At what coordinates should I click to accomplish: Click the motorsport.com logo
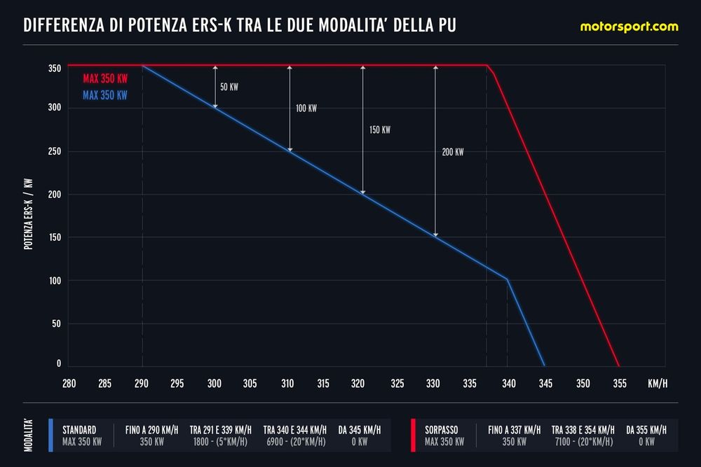629,27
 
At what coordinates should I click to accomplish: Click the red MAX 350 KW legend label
104,79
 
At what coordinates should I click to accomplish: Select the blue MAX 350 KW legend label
104,95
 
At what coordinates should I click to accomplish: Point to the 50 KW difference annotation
229,87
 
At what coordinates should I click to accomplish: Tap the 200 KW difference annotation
453,151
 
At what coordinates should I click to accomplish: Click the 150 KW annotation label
379,130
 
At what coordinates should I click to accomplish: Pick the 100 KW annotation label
306,109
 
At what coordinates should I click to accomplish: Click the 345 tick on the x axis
545,383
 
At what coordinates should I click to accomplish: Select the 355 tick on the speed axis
619,383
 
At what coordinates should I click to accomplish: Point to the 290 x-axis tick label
142,383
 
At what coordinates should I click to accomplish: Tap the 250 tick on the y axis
55,151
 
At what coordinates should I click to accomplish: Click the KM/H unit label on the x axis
658,383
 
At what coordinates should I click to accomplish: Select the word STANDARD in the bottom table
79,429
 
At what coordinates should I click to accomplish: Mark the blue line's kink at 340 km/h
508,279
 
